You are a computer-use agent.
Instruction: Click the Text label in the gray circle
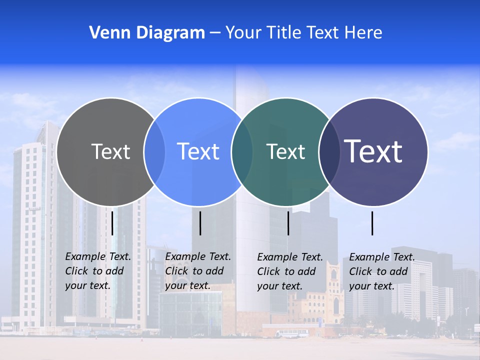click(x=110, y=151)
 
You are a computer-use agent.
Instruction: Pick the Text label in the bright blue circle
click(x=198, y=151)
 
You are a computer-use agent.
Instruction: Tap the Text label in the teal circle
click(x=285, y=151)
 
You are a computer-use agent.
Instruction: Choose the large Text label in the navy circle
click(x=373, y=151)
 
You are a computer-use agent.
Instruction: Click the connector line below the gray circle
click(x=112, y=223)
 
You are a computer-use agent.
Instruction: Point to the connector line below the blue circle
click(x=200, y=223)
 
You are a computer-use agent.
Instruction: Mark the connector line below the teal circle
click(x=288, y=223)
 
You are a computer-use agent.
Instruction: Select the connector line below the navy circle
click(x=372, y=223)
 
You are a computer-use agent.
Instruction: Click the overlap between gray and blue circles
click(x=154, y=152)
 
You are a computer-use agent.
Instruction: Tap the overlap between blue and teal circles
click(x=242, y=152)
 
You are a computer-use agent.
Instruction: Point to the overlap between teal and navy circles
click(x=328, y=152)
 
